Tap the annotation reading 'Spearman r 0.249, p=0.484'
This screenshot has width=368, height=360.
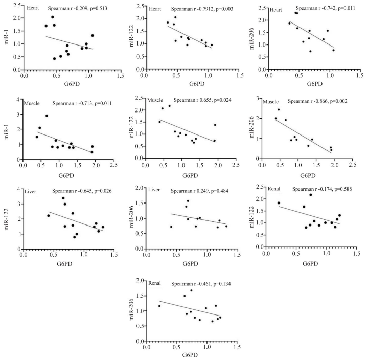203,191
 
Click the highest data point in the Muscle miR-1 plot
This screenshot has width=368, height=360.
47,116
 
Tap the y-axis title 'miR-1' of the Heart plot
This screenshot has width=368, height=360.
7,39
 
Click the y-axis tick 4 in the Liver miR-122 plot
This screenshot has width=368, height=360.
18,190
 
